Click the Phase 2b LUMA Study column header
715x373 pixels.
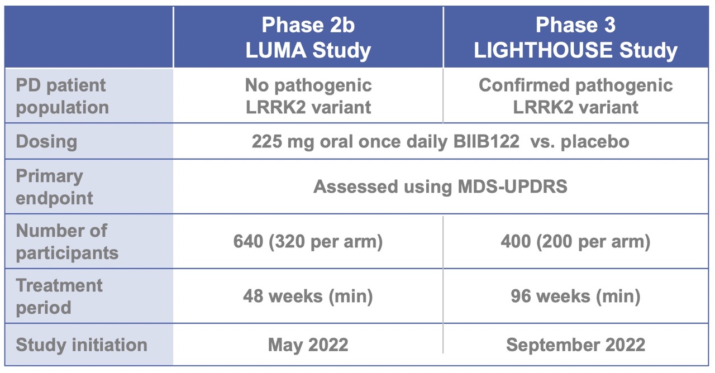[x=308, y=37]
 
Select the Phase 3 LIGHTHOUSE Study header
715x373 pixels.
[x=576, y=37]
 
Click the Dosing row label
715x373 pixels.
[x=46, y=141]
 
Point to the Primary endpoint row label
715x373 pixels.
[x=55, y=187]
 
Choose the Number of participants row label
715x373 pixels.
[x=67, y=241]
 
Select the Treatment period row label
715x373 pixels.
[x=59, y=296]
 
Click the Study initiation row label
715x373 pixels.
[x=82, y=345]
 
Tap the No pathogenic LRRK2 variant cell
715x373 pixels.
[x=308, y=95]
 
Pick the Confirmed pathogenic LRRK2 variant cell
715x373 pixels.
[x=576, y=95]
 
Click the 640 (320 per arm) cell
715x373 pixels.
[x=308, y=242]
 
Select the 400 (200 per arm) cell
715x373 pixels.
[x=576, y=242]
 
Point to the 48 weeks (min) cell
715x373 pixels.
[x=308, y=296]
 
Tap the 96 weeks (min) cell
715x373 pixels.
[x=576, y=296]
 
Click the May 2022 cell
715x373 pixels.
[x=308, y=345]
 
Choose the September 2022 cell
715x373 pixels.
[x=576, y=345]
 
